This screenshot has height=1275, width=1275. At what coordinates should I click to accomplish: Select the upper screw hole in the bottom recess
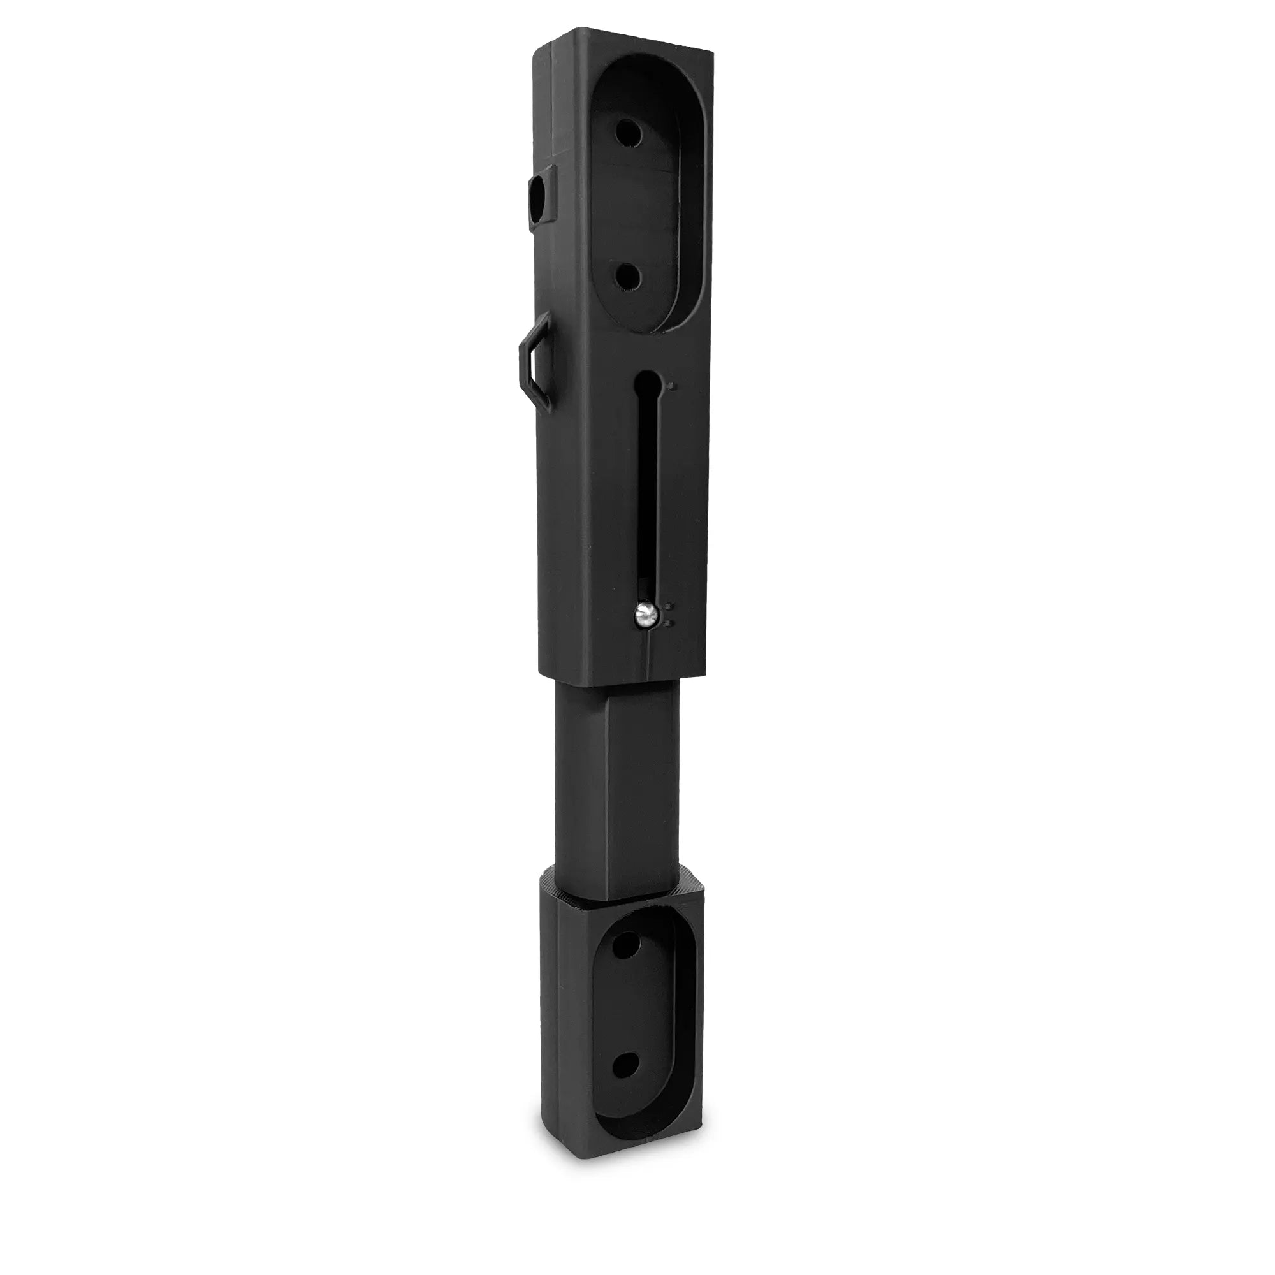pos(622,949)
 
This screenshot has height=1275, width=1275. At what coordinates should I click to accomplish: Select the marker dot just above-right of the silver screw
pos(669,605)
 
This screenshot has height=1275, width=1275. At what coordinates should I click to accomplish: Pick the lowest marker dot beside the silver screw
pos(669,622)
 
